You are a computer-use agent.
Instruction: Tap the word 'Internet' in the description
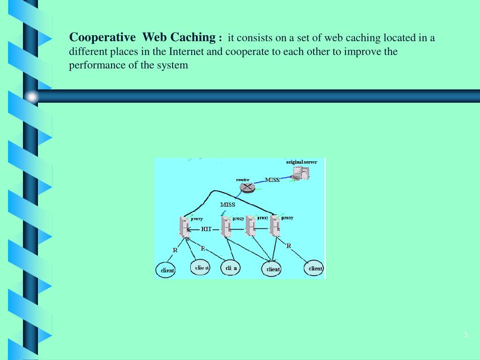click(187, 52)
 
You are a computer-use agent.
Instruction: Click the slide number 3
click(465, 335)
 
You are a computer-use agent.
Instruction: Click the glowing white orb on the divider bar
click(32, 97)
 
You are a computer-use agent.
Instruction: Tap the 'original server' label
click(301, 162)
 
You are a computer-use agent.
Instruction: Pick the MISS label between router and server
click(272, 180)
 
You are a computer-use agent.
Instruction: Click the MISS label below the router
click(228, 205)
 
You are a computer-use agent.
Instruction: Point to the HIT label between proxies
click(207, 229)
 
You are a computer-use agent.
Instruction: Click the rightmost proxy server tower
click(275, 227)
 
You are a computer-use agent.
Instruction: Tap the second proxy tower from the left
click(226, 227)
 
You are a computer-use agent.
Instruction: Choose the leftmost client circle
click(165, 270)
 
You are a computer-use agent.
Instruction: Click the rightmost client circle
click(315, 269)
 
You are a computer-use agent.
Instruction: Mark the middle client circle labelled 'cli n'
click(231, 268)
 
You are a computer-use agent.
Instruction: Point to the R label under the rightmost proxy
click(289, 246)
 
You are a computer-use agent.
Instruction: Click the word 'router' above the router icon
click(242, 180)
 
